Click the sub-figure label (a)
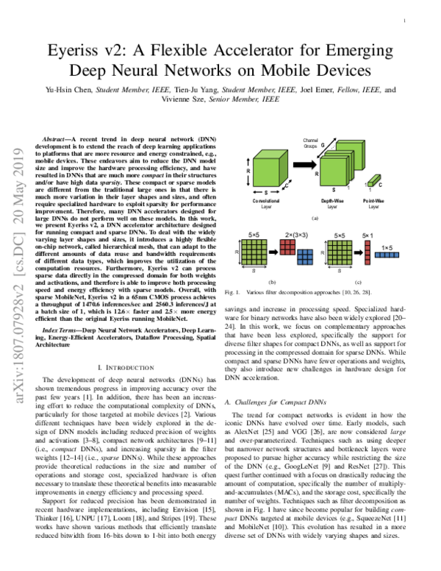pos(315,219)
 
